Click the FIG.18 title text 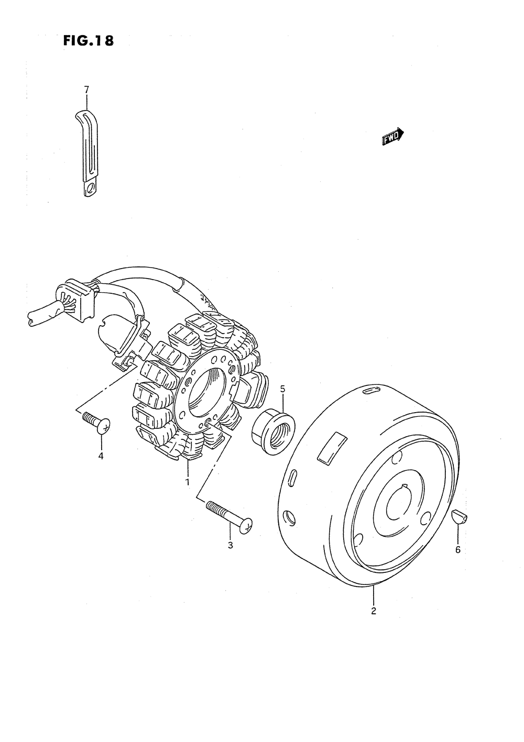click(x=89, y=40)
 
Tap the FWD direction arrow click(x=393, y=137)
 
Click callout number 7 click(x=86, y=90)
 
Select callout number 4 click(x=101, y=456)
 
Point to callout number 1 click(x=187, y=482)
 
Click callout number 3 click(x=231, y=545)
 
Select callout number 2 click(x=374, y=611)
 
